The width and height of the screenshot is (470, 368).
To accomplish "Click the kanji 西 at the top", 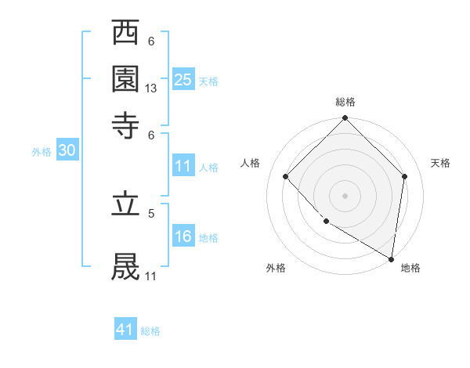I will (126, 34).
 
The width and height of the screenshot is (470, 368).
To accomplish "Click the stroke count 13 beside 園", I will (151, 89).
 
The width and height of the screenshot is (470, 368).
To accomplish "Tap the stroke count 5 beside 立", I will (151, 212).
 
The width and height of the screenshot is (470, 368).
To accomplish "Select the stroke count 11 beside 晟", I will (151, 276).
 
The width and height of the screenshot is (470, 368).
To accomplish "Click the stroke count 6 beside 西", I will (151, 41).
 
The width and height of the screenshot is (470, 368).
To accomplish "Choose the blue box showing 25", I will (183, 79).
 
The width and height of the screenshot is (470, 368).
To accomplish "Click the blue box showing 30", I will (67, 151).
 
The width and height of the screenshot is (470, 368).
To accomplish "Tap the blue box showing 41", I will (125, 330).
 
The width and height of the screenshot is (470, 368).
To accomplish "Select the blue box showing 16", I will (183, 236).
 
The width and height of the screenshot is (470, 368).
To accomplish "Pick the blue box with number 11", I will (183, 166).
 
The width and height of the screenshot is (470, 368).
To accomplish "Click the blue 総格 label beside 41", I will (150, 331).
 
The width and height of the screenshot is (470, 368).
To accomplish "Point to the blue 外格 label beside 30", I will (41, 153).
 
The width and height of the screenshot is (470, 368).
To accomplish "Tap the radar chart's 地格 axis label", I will (410, 269).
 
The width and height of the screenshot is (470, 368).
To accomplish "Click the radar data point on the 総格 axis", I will (345, 119).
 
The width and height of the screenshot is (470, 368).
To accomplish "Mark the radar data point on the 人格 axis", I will (286, 177).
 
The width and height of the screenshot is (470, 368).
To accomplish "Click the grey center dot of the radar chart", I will (345, 195).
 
